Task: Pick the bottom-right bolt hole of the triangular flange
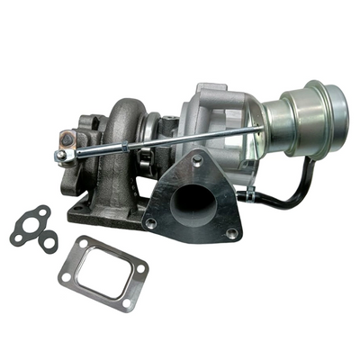click(x=231, y=233)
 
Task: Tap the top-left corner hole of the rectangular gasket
click(x=83, y=243)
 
